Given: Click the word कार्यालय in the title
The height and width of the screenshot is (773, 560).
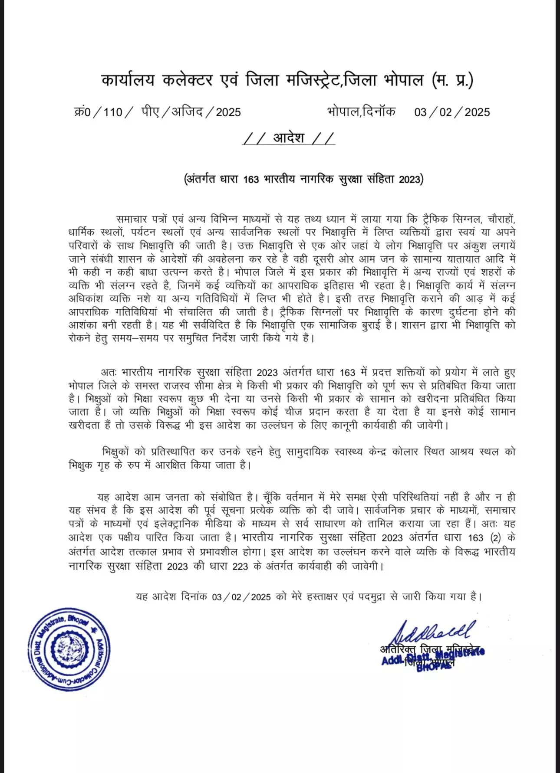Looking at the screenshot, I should [x=128, y=80].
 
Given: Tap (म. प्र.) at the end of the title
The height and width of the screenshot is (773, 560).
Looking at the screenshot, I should [x=452, y=80].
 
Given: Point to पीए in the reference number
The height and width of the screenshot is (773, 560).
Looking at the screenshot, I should [x=150, y=112].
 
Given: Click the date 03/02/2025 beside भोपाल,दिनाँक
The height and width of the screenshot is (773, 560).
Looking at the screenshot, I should [x=451, y=112].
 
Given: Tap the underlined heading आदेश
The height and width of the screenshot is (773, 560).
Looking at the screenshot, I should [x=289, y=138].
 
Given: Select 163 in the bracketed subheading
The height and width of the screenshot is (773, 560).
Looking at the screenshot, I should [x=251, y=180].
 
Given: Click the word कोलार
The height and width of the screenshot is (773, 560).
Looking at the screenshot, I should [x=406, y=452].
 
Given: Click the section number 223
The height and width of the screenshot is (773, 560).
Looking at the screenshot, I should [x=240, y=567].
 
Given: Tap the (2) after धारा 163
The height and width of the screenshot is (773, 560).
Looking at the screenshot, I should [x=495, y=538].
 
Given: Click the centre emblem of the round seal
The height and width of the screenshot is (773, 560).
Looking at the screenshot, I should [x=69, y=649].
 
